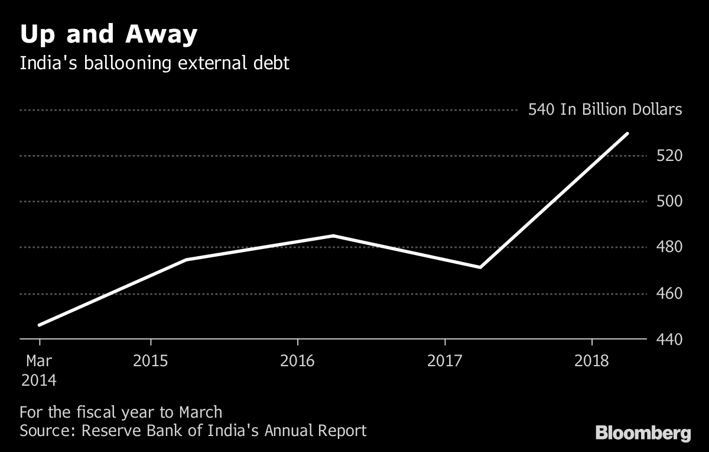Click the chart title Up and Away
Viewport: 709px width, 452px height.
click(108, 35)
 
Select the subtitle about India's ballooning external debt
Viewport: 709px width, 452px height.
click(154, 63)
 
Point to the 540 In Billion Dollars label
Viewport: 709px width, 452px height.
click(605, 110)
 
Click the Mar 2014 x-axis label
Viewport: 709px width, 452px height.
click(39, 370)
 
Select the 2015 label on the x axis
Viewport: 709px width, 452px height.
click(151, 361)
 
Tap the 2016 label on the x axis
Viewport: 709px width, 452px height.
click(298, 361)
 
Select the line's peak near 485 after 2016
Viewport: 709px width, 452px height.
click(333, 235)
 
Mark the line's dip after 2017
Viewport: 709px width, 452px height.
click(480, 267)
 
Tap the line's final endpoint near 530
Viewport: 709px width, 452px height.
click(627, 134)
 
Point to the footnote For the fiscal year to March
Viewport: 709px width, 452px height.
click(121, 412)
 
